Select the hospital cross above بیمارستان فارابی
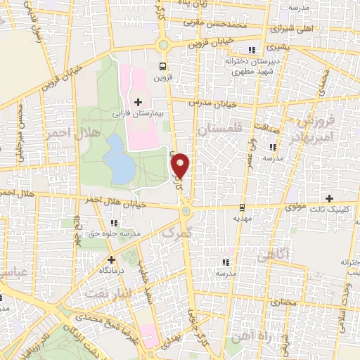tap(138, 103)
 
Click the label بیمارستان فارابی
tap(138, 112)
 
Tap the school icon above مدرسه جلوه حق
tap(114, 223)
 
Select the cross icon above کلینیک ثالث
tap(329, 199)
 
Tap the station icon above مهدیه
tap(243, 207)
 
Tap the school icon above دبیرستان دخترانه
tap(252, 51)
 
